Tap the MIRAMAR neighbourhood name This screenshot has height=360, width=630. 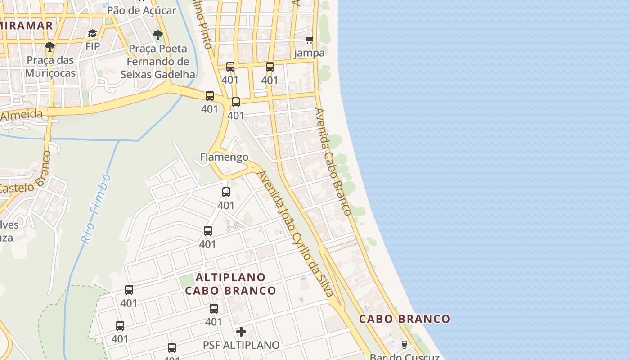click(27, 25)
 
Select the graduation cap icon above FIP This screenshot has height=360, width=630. click(92, 34)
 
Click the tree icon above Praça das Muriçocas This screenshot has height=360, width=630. click(50, 46)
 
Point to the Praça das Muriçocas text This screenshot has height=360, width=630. click(50, 67)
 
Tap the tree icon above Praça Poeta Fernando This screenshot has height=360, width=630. click(157, 35)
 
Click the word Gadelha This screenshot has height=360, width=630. click(175, 74)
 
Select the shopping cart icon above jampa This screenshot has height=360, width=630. click(309, 40)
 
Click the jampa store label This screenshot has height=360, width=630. click(309, 53)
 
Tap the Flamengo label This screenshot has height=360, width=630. click(224, 157)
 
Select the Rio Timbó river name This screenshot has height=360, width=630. click(95, 209)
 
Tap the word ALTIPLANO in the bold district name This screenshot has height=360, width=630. click(231, 277)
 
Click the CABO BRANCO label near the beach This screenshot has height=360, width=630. click(405, 319)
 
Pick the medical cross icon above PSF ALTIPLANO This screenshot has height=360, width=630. click(241, 332)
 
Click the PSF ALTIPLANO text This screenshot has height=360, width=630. click(241, 345)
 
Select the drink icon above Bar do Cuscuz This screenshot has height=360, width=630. click(404, 345)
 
